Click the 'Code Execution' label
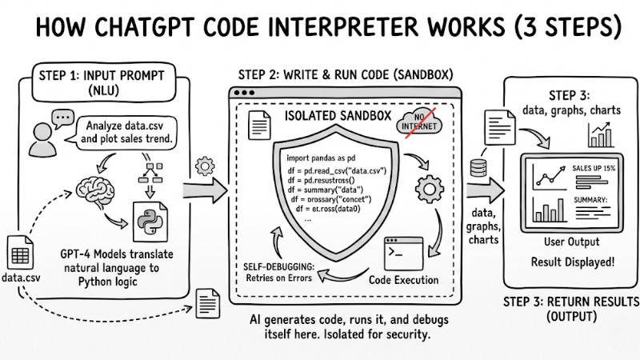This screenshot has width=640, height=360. tap(403, 281)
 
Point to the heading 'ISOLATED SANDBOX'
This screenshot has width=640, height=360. tap(338, 117)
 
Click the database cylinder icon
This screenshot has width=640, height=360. tap(479, 170)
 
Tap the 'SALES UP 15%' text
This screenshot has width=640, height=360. tap(594, 168)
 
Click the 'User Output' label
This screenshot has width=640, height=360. tap(570, 242)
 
